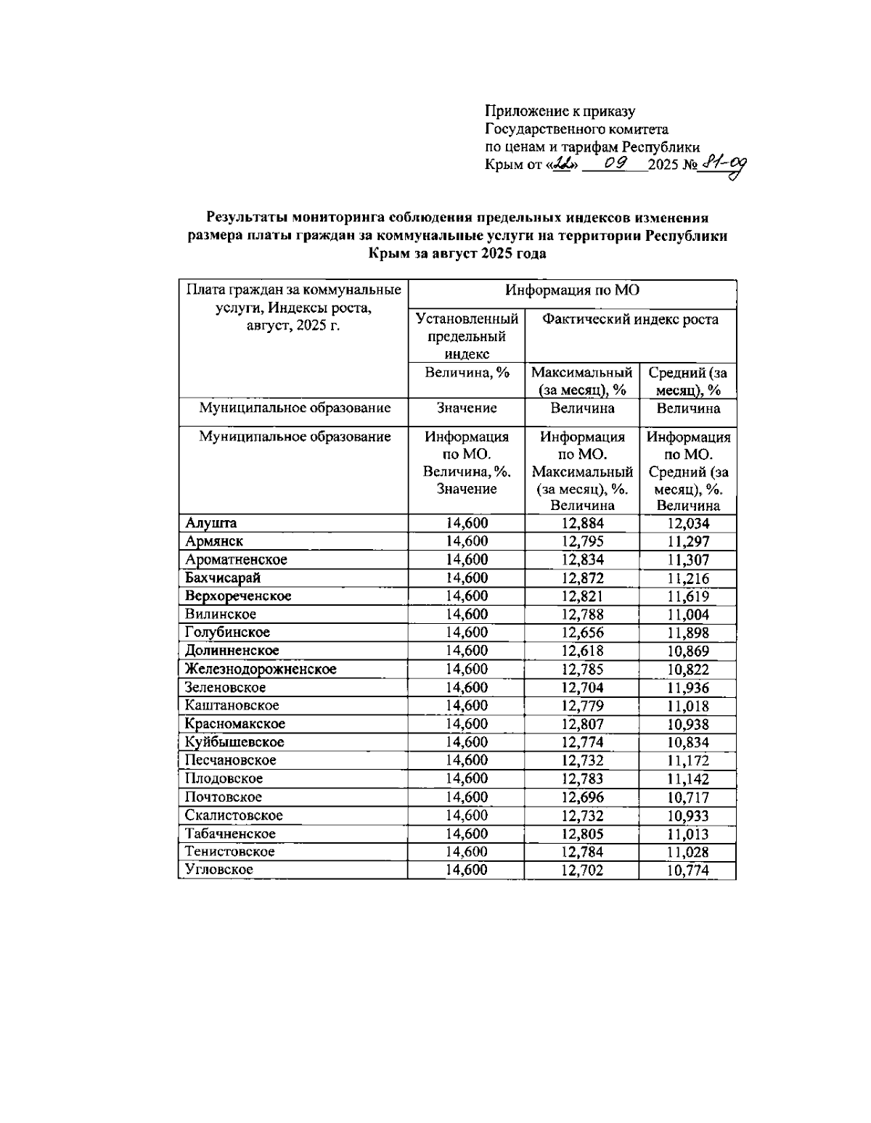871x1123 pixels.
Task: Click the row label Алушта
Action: (x=210, y=523)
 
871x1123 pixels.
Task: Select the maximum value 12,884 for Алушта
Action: (x=582, y=523)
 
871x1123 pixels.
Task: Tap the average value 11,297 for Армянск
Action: (x=687, y=541)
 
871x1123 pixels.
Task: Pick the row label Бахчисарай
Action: (x=222, y=578)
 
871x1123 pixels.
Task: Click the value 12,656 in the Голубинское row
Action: (x=582, y=633)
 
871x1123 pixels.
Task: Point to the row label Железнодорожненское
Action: (x=260, y=669)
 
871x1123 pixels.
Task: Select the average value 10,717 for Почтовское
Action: (x=687, y=797)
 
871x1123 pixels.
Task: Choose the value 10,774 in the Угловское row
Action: (x=687, y=871)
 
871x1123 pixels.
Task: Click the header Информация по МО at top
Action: (x=572, y=292)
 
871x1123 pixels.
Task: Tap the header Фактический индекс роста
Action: (x=630, y=320)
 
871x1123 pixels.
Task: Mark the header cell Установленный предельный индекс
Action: (x=466, y=336)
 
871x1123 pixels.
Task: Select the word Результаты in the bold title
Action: (x=246, y=218)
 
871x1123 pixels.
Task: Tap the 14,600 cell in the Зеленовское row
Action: (x=466, y=688)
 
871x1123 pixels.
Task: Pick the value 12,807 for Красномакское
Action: (x=582, y=724)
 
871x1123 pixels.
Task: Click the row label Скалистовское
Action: (x=234, y=815)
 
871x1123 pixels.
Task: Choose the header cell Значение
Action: (x=466, y=408)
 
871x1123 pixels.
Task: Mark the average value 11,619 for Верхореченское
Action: (x=687, y=596)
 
